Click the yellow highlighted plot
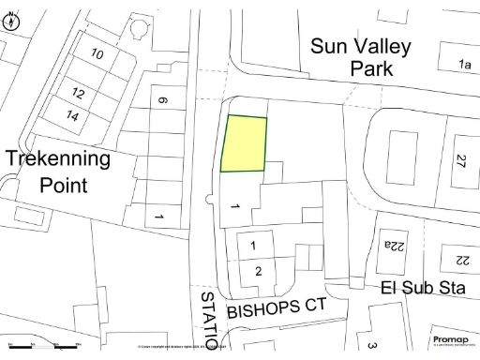coord(244,144)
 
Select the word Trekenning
coord(58,157)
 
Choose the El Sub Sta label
coord(423,288)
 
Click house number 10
coord(97,53)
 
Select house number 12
coord(79,95)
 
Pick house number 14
coord(72,115)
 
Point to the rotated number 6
coord(162,101)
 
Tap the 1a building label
coord(463,64)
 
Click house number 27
coord(459,161)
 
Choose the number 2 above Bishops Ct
coord(258,271)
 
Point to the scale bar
coord(42,348)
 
